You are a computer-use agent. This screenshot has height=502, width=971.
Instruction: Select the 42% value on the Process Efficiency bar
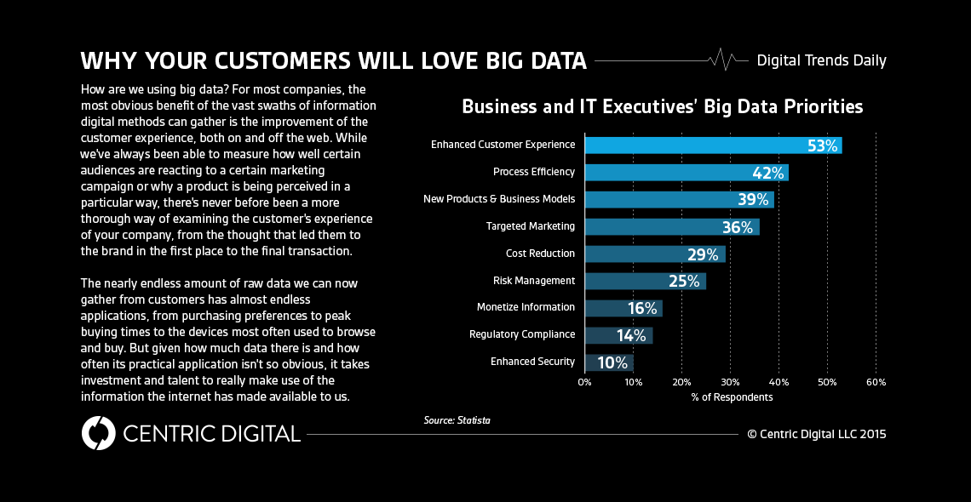[768, 173]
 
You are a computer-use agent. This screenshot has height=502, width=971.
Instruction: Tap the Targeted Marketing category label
[530, 226]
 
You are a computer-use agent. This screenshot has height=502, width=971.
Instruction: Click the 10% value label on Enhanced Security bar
[612, 362]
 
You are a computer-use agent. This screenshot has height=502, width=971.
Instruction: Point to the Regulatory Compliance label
[521, 334]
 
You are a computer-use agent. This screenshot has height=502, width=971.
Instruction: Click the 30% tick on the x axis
[730, 382]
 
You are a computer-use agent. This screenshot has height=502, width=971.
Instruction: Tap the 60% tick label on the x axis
[876, 382]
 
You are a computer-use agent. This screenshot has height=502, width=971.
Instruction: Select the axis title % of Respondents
[732, 397]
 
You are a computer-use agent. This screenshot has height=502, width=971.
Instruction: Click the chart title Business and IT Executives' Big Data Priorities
[662, 106]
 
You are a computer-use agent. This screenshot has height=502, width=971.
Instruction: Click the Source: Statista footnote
[457, 420]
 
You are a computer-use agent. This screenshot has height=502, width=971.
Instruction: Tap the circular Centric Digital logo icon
[98, 433]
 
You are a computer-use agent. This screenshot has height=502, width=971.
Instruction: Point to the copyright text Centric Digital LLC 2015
[816, 434]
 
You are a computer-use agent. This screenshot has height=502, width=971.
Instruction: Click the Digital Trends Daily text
[821, 60]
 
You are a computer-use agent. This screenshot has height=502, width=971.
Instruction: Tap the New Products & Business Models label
[498, 199]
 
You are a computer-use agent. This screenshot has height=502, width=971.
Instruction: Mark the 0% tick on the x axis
[584, 382]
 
